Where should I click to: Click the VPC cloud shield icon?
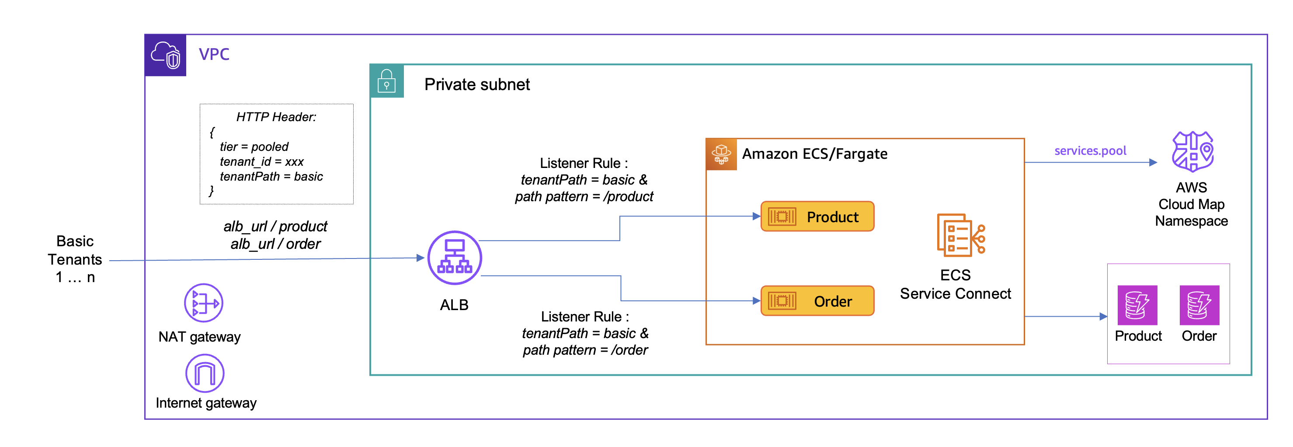166,55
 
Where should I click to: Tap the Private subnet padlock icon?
386,81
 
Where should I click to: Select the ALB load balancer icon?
454,258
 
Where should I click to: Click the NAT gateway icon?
203,303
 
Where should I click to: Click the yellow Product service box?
817,217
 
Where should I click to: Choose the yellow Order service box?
817,301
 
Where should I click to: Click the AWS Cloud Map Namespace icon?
1192,151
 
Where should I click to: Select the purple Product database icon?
1137,305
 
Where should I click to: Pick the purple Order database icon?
1199,305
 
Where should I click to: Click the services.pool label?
1090,150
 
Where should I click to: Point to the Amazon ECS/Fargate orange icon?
721,154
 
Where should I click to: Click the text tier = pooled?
254,147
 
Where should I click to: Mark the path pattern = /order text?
585,350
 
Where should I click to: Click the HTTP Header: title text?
276,117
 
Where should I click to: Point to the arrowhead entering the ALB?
421,258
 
